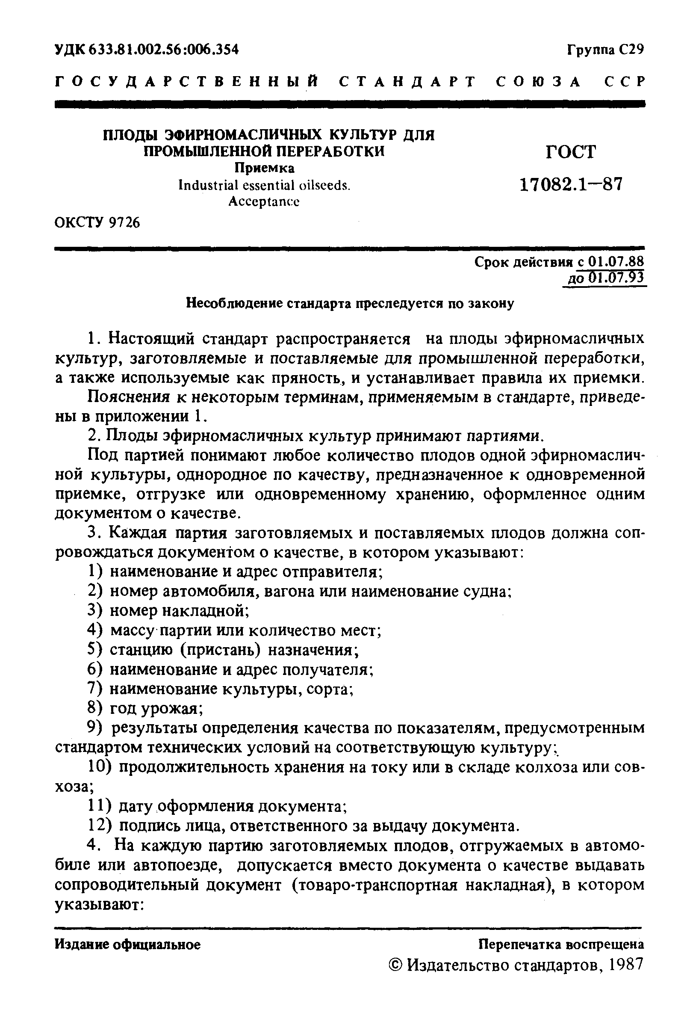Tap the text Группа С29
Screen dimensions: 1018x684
click(605, 50)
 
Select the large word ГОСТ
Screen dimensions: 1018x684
click(571, 152)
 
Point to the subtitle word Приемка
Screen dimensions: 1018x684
click(264, 168)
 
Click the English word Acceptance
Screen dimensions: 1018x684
click(264, 201)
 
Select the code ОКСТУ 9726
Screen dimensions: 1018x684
click(98, 223)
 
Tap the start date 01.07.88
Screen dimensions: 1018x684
click(616, 261)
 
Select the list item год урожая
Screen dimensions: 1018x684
click(155, 709)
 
